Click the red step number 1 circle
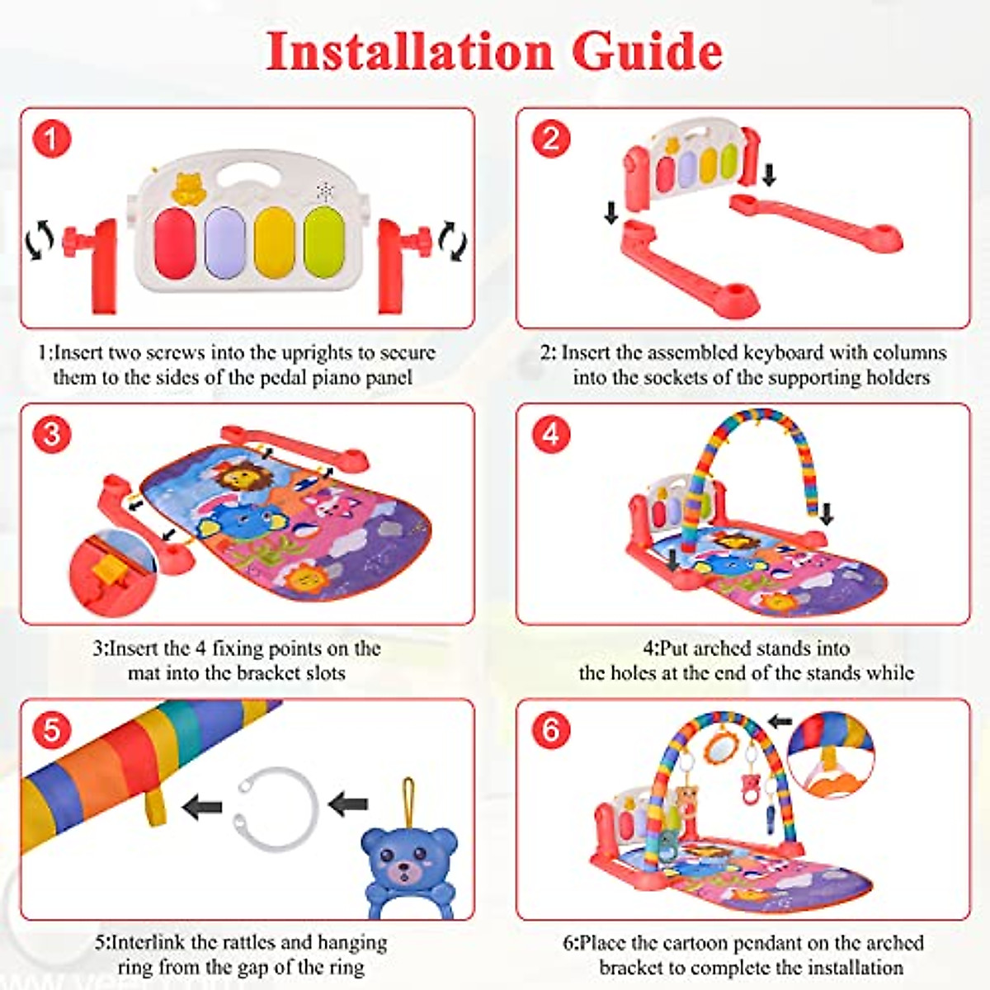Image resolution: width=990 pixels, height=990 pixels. click(x=51, y=139)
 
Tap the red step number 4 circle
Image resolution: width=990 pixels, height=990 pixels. click(x=550, y=434)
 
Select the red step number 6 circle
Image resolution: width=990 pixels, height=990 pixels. click(x=550, y=729)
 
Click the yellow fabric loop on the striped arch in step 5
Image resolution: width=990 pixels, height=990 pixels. click(x=154, y=804)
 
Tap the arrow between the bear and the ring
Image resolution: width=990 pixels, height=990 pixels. click(x=348, y=803)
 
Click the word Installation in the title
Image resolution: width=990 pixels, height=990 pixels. click(x=409, y=51)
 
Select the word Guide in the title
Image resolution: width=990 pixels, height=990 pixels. click(x=648, y=51)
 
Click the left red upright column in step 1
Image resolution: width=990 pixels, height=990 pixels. click(x=101, y=264)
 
